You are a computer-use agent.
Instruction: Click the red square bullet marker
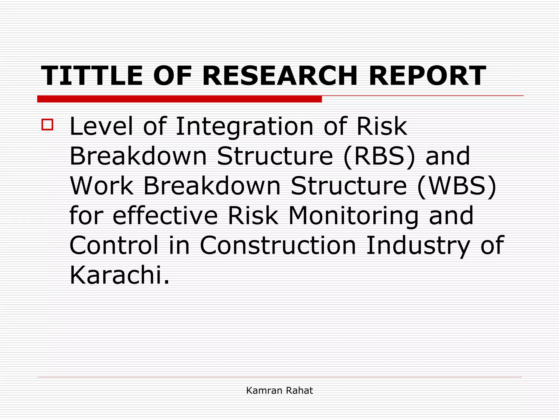[x=47, y=125]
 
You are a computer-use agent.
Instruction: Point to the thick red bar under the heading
[x=179, y=99]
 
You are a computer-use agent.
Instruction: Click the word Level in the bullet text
[x=101, y=126]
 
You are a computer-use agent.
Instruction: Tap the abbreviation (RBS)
[x=379, y=156]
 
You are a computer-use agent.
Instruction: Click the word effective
[x=165, y=215]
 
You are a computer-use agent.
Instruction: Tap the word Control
[x=114, y=245]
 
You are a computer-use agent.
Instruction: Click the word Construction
[x=278, y=245]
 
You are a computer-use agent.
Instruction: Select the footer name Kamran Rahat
[x=279, y=390]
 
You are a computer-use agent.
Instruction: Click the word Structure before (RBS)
[x=275, y=156]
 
